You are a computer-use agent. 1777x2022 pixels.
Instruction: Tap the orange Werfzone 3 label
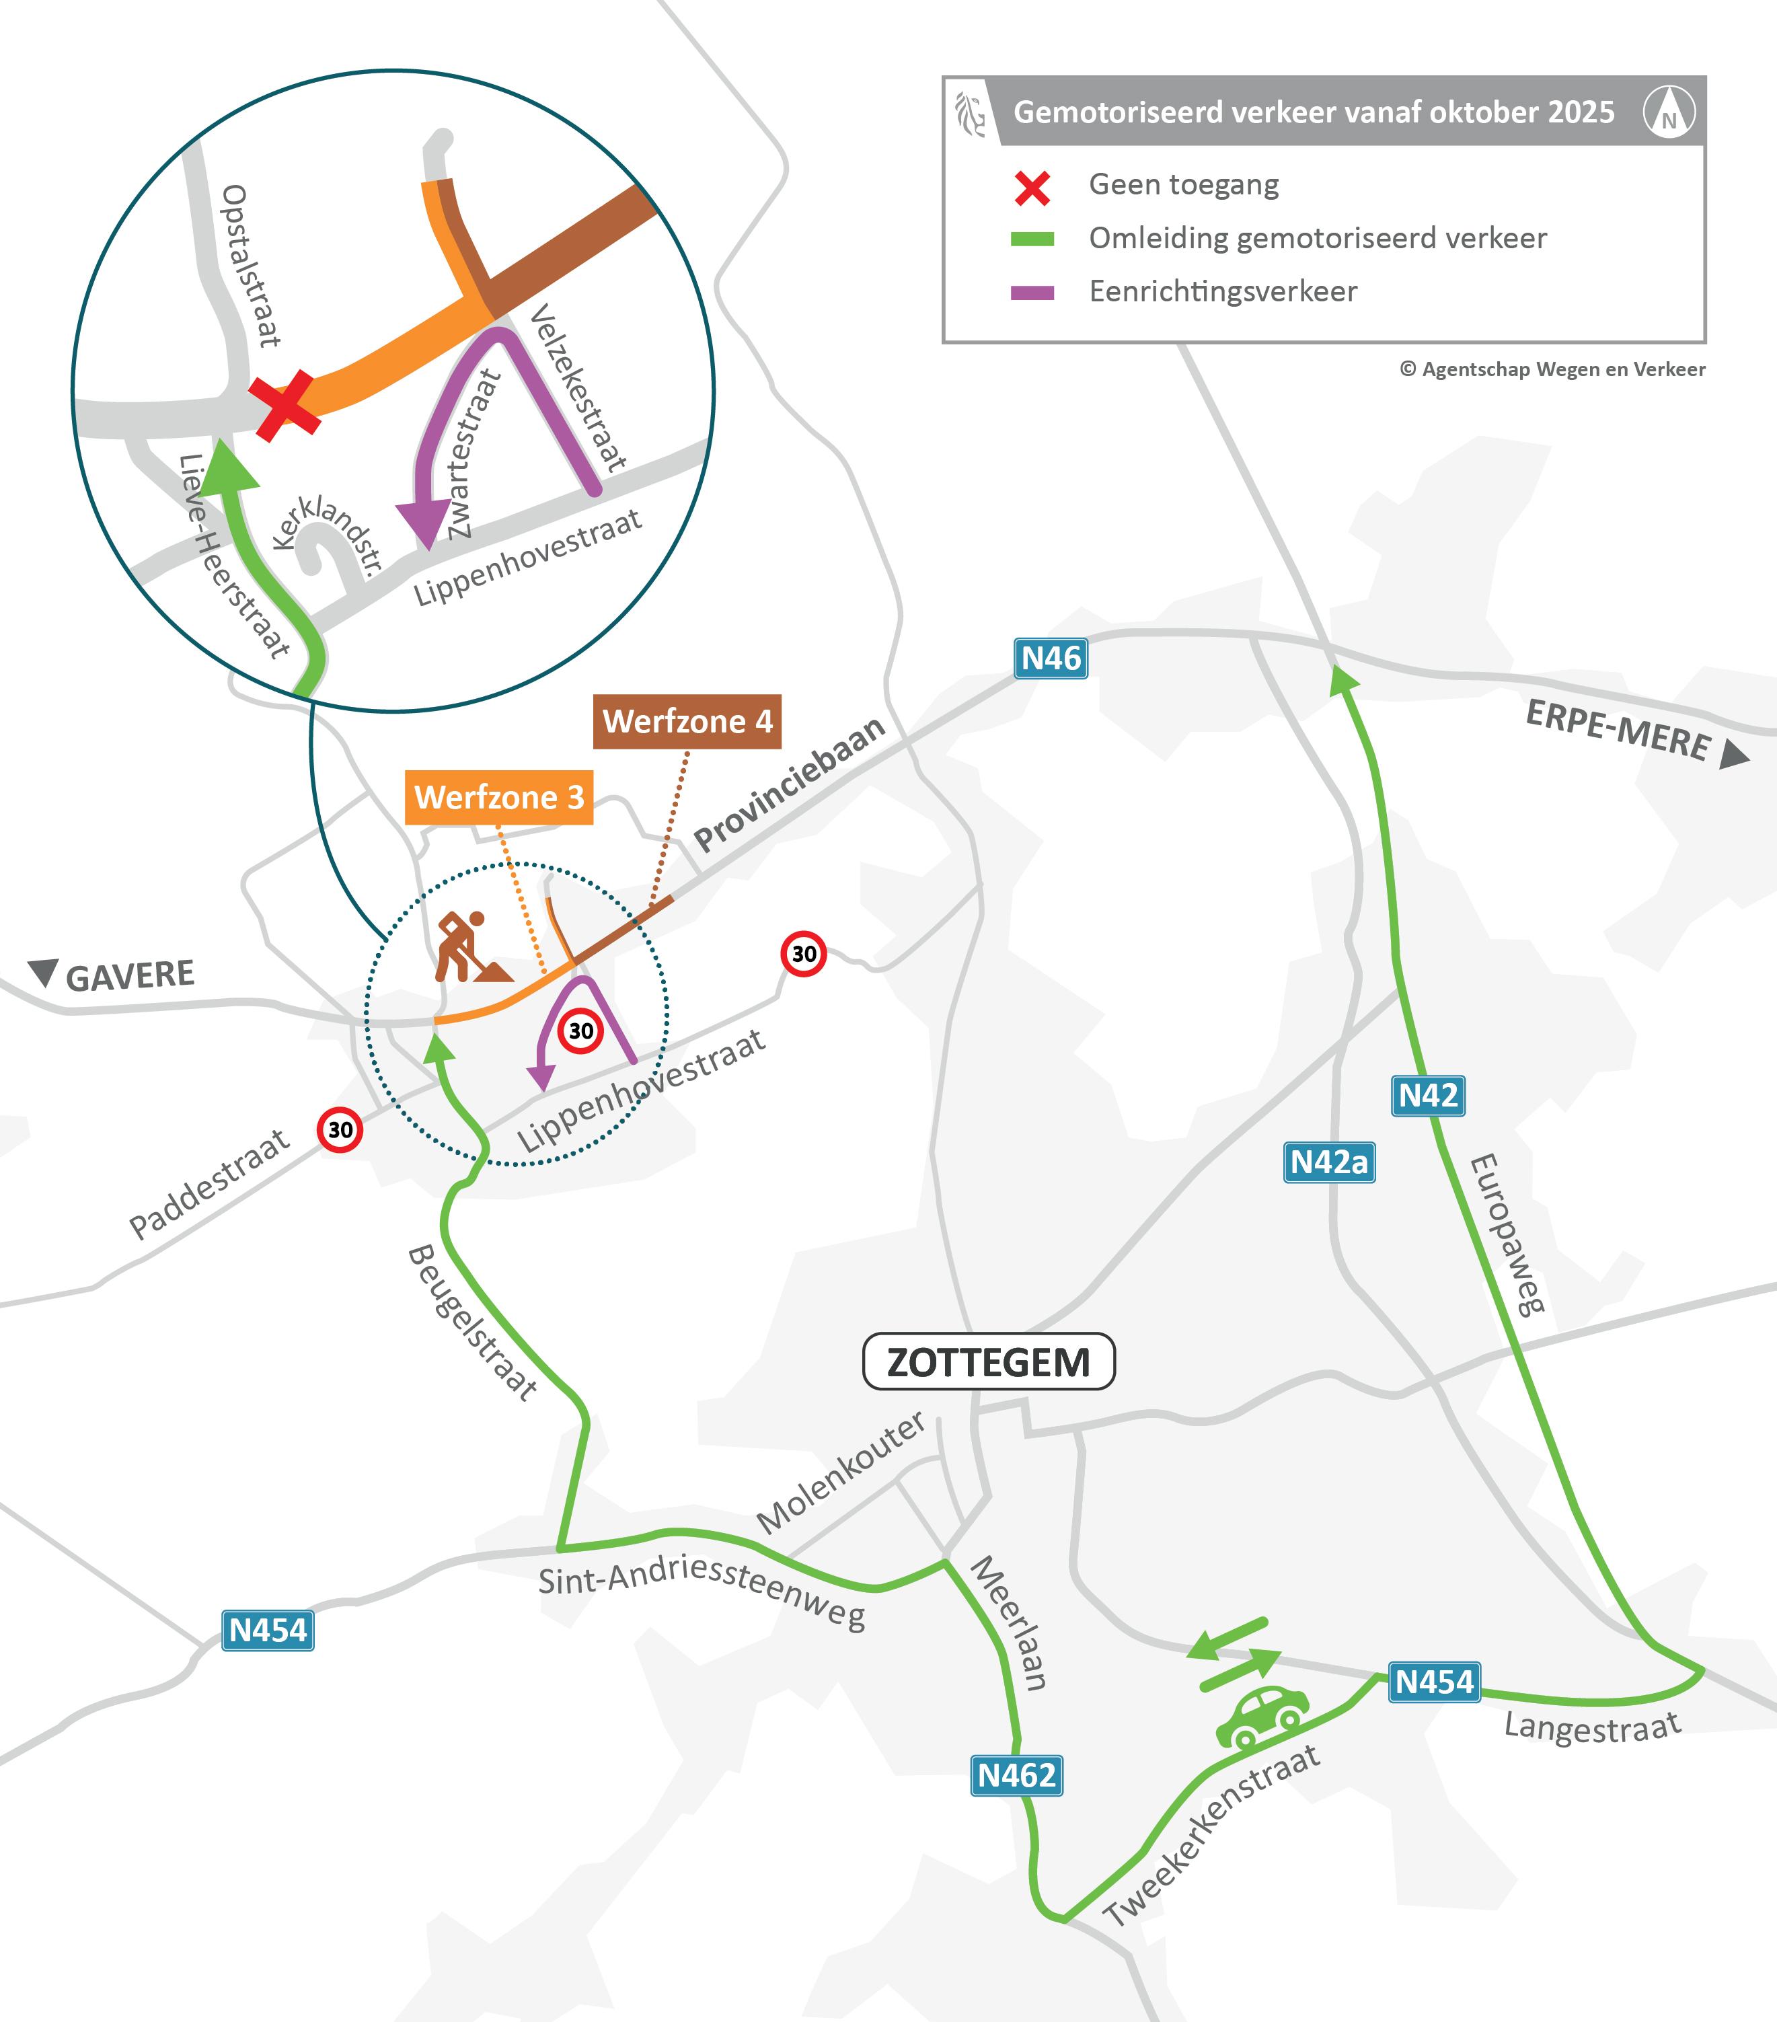pos(498,797)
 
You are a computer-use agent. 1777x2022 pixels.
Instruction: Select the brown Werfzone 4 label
pos(687,721)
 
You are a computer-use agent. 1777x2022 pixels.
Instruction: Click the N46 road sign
pos(1051,659)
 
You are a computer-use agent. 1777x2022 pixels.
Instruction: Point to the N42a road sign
pos(1329,1162)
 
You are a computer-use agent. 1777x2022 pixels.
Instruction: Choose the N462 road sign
pos(1016,1776)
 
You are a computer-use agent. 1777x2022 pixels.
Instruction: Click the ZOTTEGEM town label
pos(989,1362)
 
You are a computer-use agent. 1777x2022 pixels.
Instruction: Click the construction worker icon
pos(467,946)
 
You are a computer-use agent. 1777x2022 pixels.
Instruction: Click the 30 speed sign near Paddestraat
pos(340,1129)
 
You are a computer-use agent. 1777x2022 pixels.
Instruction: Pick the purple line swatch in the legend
pos(1032,293)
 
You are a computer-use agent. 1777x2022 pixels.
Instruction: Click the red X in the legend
pos(1032,187)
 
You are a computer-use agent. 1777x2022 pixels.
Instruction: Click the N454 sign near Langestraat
pos(1434,1682)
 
